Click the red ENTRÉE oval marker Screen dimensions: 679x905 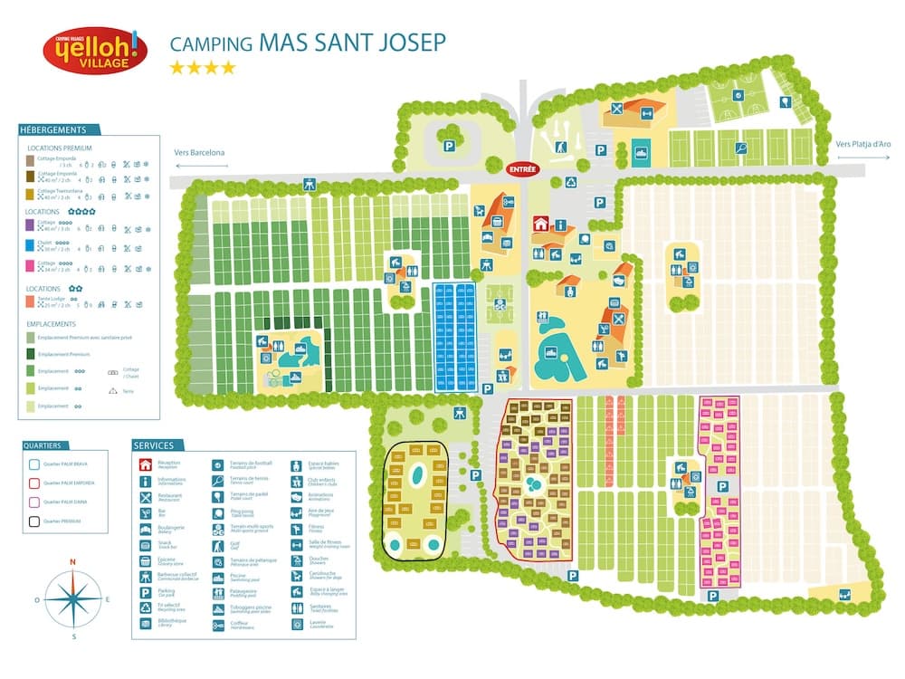click(x=522, y=168)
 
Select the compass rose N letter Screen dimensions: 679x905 click(x=73, y=561)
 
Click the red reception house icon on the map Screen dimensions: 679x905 click(x=540, y=224)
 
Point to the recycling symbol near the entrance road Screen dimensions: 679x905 click(x=571, y=181)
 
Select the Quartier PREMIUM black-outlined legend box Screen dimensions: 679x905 click(x=33, y=520)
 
